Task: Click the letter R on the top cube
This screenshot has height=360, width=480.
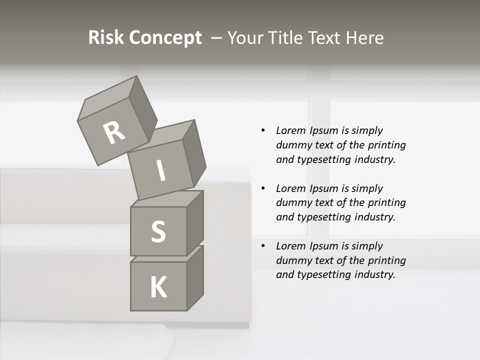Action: [114, 133]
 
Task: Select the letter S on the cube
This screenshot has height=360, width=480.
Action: [158, 232]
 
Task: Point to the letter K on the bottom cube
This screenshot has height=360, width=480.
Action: [158, 287]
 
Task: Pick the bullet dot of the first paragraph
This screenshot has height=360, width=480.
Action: [263, 130]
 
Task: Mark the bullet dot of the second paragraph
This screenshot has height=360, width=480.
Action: [263, 188]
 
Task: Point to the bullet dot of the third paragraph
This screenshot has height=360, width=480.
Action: [263, 246]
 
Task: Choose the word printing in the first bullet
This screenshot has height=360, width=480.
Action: [387, 145]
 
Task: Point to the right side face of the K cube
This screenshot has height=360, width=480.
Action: [195, 277]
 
